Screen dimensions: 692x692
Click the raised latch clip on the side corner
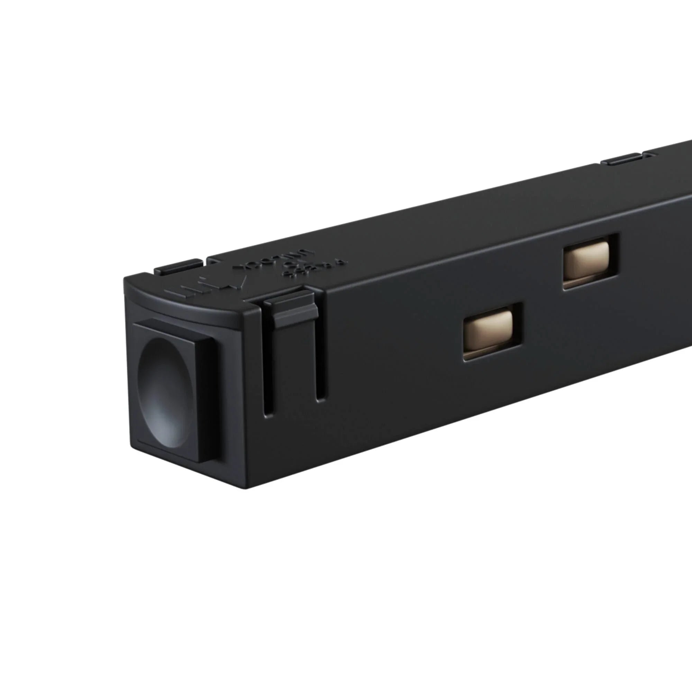291,309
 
